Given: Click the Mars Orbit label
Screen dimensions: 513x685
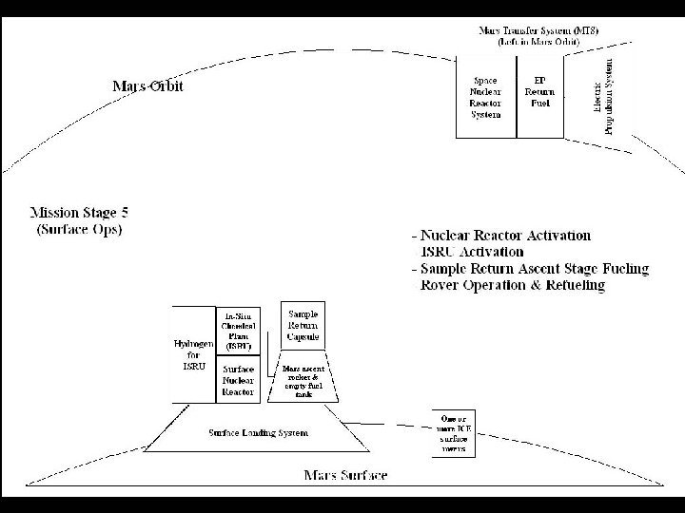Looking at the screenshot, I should click(147, 86).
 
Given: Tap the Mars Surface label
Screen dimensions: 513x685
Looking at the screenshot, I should click(345, 474).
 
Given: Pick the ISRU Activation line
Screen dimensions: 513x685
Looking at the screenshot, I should click(472, 252).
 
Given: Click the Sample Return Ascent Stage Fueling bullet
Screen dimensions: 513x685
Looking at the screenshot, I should click(530, 269).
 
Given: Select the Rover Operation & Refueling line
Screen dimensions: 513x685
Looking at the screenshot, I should click(513, 285).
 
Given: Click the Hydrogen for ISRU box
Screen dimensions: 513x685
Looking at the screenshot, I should click(194, 354).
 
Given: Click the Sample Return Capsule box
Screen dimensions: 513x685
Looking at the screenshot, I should click(304, 325).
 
